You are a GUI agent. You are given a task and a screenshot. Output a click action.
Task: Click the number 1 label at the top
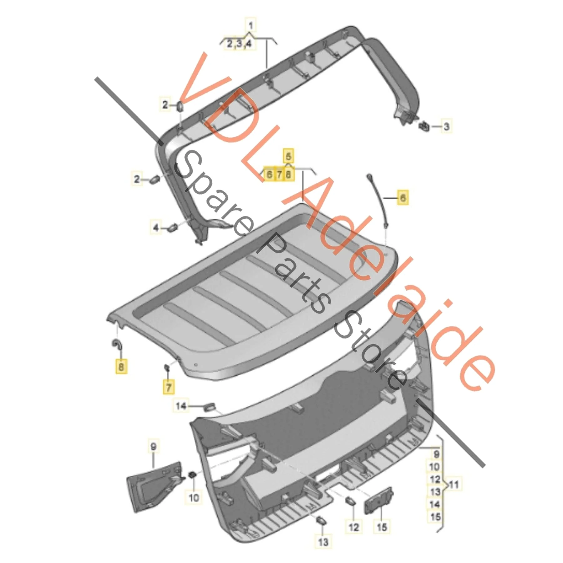[250, 25]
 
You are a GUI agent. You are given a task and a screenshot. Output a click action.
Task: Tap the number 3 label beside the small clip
[446, 127]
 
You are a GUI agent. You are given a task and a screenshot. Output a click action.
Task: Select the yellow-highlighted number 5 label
[288, 156]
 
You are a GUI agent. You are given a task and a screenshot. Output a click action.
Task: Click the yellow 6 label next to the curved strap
[403, 197]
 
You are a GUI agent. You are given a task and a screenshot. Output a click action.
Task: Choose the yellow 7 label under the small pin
[169, 387]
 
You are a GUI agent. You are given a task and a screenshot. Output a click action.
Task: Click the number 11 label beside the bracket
[454, 485]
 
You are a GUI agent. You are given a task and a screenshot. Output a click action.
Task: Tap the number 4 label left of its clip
[155, 227]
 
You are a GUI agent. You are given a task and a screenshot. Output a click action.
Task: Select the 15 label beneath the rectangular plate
[382, 527]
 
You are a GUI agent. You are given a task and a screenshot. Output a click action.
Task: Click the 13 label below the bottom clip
[323, 541]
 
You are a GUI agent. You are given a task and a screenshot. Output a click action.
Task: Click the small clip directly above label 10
[192, 475]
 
